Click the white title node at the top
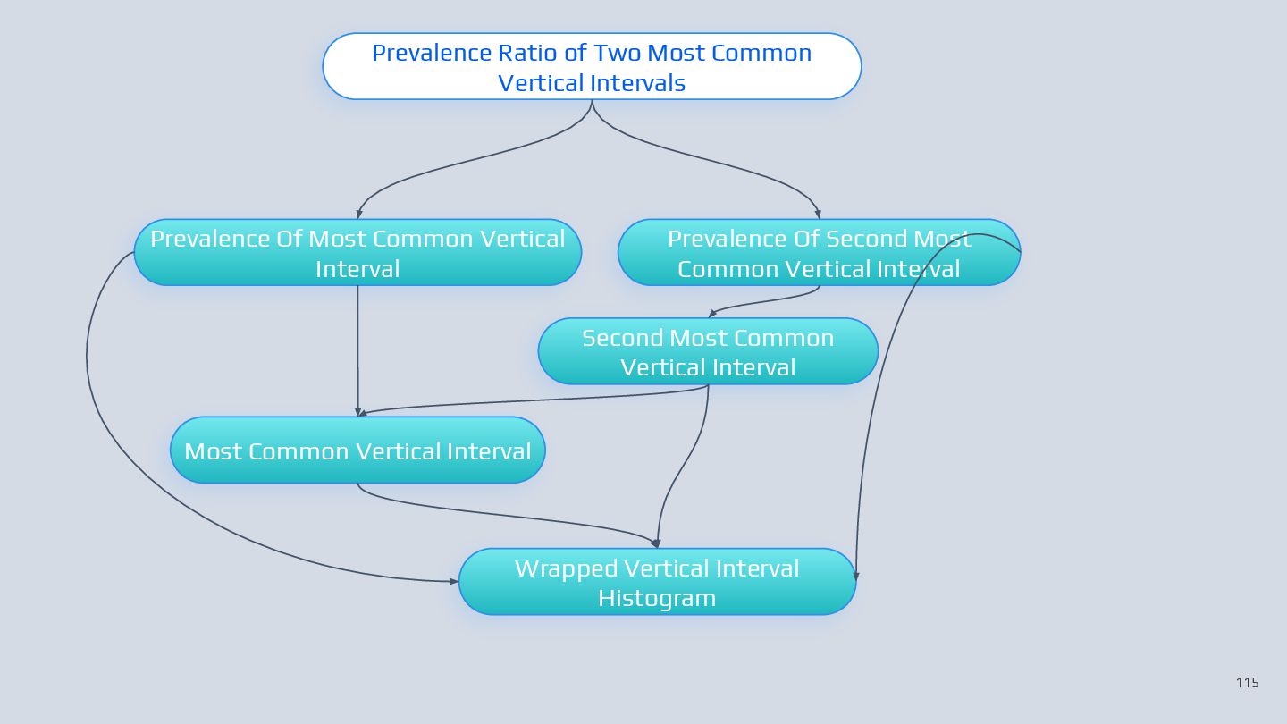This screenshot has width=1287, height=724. [x=592, y=67]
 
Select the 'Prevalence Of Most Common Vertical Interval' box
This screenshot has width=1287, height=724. [x=357, y=253]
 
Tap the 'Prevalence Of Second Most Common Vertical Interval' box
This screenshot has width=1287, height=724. [x=819, y=253]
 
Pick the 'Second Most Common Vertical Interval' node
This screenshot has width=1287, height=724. [x=708, y=352]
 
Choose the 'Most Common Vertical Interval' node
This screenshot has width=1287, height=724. [x=357, y=450]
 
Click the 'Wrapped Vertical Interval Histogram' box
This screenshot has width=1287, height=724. [x=657, y=582]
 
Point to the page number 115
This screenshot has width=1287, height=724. [x=1247, y=683]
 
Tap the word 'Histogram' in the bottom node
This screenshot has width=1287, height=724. [x=657, y=598]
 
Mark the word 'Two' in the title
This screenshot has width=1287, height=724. [x=618, y=53]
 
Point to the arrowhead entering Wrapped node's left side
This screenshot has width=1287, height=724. [x=454, y=581]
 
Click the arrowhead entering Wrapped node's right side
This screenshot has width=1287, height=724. [x=856, y=576]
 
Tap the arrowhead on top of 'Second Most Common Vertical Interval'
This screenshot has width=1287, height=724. [x=712, y=314]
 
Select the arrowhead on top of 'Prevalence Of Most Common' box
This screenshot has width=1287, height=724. [x=358, y=215]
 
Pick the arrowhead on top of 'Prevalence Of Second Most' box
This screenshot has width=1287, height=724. [x=818, y=215]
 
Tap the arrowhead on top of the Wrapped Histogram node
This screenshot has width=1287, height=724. [x=655, y=543]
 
